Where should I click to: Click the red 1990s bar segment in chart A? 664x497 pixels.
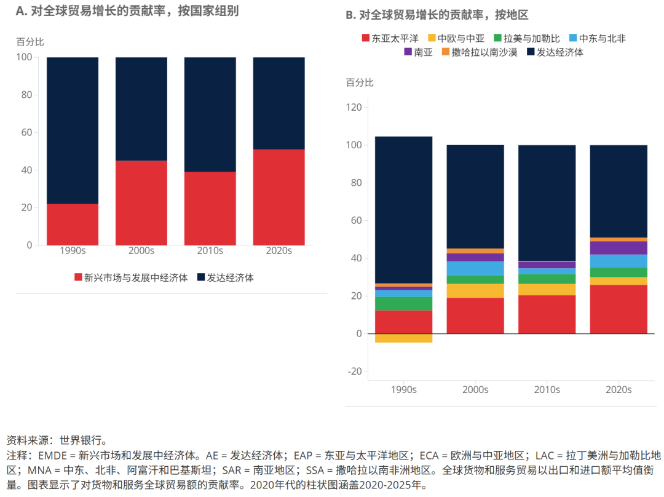click(x=73, y=225)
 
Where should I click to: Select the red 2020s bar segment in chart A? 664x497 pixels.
click(x=279, y=197)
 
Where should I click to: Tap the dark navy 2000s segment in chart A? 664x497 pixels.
click(x=141, y=109)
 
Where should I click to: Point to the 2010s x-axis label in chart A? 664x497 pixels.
click(x=210, y=251)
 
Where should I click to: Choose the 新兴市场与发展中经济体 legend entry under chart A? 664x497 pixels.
click(x=130, y=277)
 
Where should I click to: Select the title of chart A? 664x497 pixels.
click(x=127, y=10)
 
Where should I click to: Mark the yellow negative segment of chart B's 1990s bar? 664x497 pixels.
click(x=403, y=338)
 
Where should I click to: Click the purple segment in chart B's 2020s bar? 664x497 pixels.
click(x=619, y=248)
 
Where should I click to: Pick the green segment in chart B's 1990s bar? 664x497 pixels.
click(x=403, y=304)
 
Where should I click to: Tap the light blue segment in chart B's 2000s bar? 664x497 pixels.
click(x=475, y=268)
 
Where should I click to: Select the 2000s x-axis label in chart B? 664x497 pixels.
click(x=475, y=390)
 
